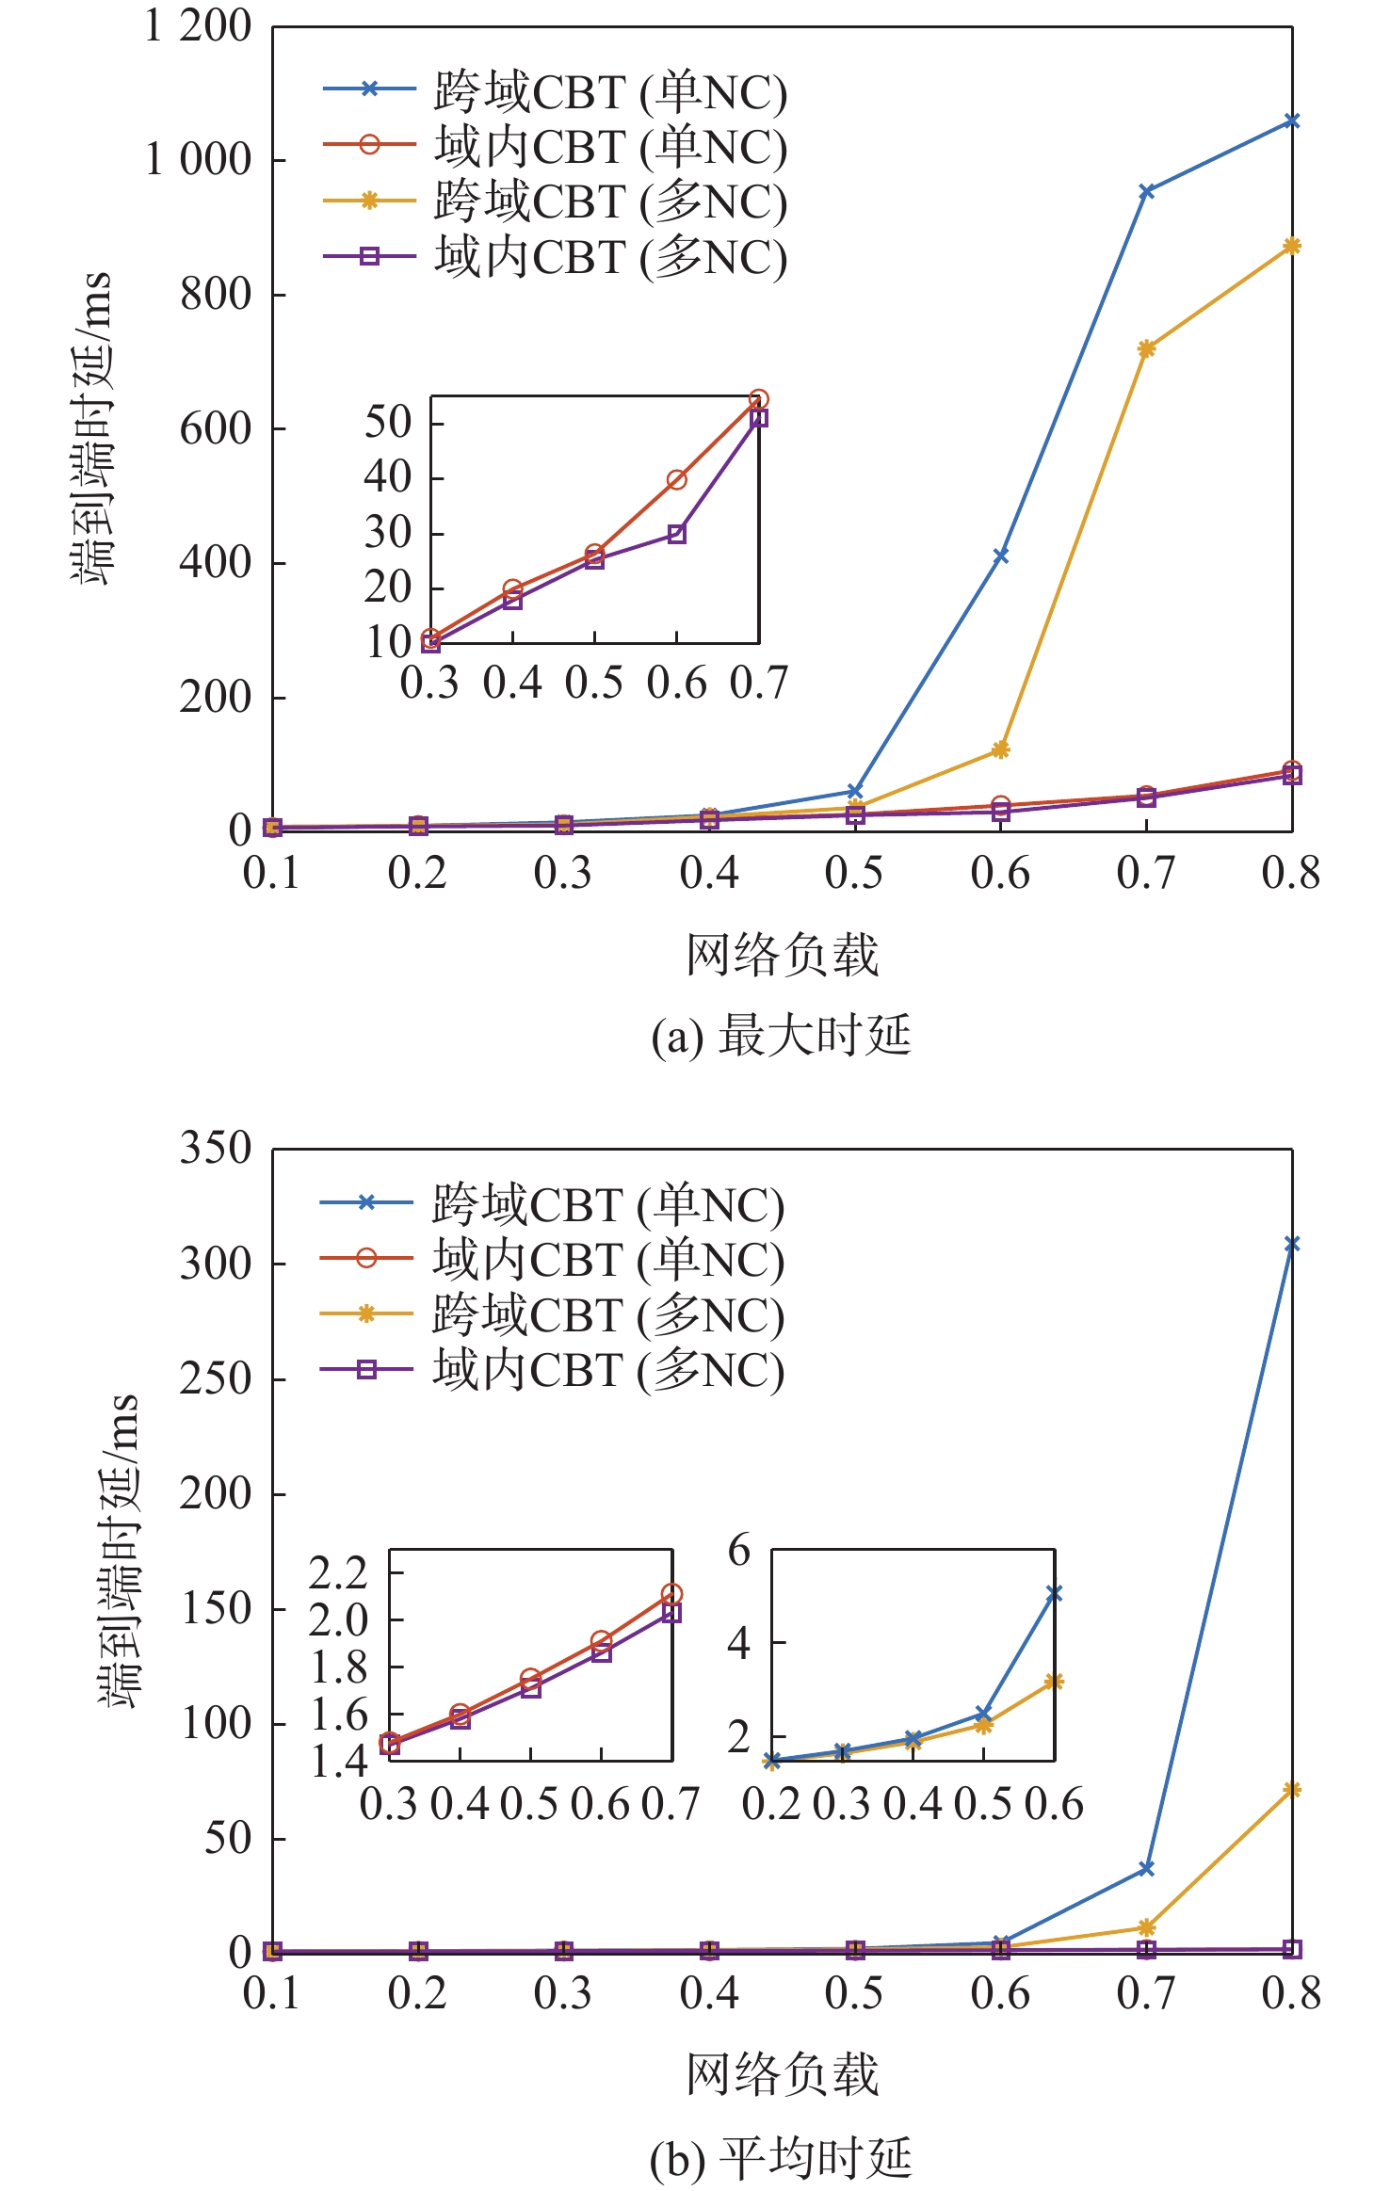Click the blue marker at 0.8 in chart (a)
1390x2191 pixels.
tap(1292, 121)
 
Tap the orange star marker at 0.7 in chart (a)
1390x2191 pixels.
tap(1146, 349)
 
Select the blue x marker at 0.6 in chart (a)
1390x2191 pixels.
tap(1001, 556)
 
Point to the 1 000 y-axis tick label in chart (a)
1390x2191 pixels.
tap(198, 160)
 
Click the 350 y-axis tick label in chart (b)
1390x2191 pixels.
tap(216, 1149)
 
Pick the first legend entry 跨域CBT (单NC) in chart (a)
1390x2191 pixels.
tap(556, 91)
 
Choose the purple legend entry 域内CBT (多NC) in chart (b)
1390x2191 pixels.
tap(553, 1370)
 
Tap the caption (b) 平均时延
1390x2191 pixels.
tap(781, 2158)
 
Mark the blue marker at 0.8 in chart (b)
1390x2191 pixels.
tap(1292, 1245)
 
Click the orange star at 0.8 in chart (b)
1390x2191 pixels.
tap(1292, 1790)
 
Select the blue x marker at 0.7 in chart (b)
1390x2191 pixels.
tap(1146, 1868)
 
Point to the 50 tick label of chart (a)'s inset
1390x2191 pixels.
tap(388, 423)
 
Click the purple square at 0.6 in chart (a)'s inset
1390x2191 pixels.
tap(677, 535)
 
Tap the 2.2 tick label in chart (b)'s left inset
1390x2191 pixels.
tap(337, 1572)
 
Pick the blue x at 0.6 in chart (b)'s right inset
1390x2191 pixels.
tap(1054, 1593)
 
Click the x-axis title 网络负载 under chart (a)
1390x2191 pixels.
tap(781, 955)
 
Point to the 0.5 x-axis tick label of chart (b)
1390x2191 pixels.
tap(854, 1993)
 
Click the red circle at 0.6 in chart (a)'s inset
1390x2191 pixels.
tap(677, 480)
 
